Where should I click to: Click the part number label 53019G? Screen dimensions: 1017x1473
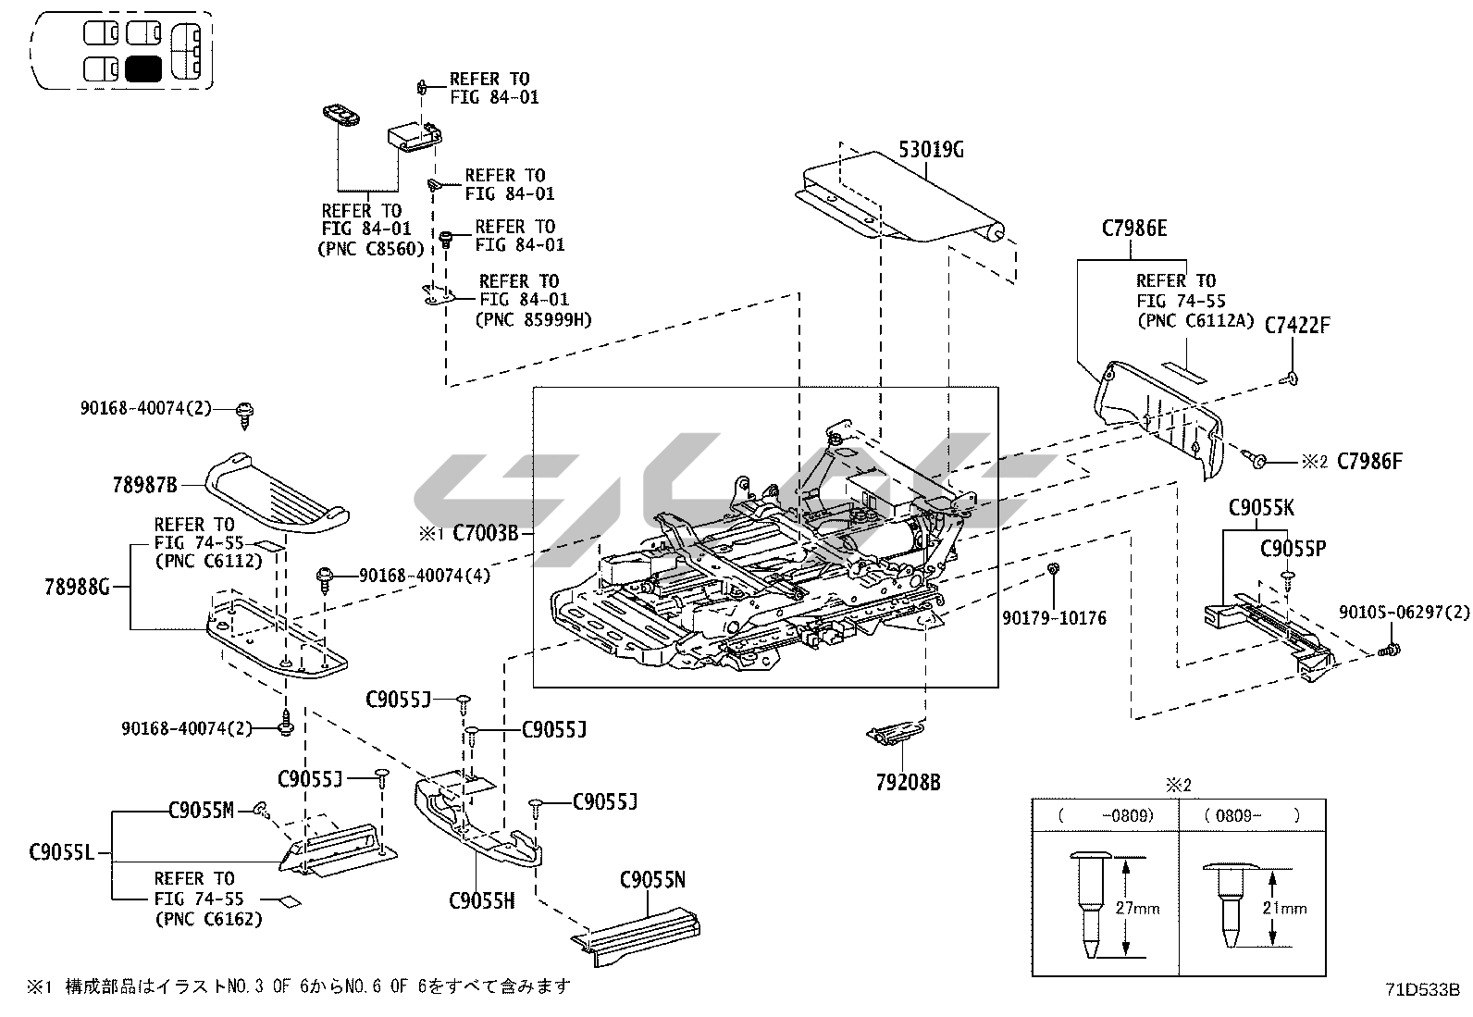[931, 149]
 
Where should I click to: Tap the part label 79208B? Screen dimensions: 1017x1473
[908, 783]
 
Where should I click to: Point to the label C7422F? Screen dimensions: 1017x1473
[1296, 325]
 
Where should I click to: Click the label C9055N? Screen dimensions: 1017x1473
[652, 880]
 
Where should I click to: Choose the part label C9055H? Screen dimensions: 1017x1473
[481, 899]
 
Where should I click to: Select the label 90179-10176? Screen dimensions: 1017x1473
[1054, 617]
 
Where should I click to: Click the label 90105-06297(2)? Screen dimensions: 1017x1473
[1404, 612]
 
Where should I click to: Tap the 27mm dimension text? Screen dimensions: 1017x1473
[1137, 909]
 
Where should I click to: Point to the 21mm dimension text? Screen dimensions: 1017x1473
[1284, 909]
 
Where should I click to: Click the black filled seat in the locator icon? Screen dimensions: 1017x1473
[143, 68]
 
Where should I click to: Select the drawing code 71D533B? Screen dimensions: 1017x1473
[1421, 987]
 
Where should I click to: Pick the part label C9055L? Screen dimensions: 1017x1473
[61, 852]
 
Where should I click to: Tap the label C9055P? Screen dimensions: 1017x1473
[1293, 549]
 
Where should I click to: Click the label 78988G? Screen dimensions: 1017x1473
[78, 586]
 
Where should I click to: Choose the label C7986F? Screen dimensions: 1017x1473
[1369, 460]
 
